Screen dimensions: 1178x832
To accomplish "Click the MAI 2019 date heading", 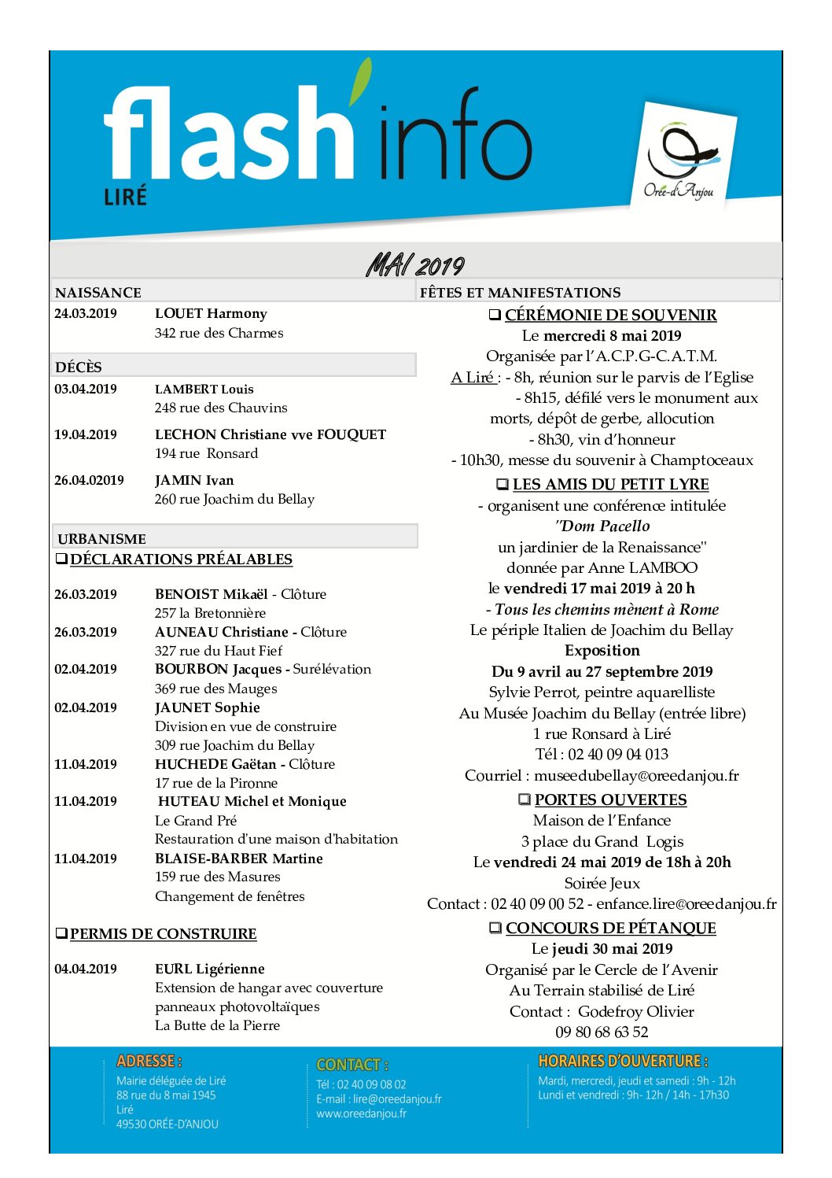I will pyautogui.click(x=415, y=265).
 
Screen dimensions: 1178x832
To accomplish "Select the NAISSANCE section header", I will pyautogui.click(x=98, y=293).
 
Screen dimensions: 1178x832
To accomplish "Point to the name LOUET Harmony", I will pyautogui.click(x=211, y=313).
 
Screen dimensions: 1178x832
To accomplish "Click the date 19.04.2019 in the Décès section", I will pyautogui.click(x=86, y=434).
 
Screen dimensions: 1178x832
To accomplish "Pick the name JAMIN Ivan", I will pyautogui.click(x=194, y=480).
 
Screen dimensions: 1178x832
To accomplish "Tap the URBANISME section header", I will pyautogui.click(x=101, y=539).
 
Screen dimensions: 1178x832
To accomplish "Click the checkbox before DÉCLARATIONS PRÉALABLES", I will pyautogui.click(x=61, y=559).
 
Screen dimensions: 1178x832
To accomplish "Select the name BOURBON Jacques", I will pyautogui.click(x=218, y=669).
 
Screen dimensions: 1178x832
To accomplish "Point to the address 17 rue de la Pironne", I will pyautogui.click(x=216, y=783).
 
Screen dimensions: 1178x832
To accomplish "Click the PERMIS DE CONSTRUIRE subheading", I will pyautogui.click(x=163, y=934).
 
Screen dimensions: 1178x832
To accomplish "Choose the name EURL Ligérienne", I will pyautogui.click(x=209, y=969).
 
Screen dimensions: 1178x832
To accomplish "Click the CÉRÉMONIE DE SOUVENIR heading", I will pyautogui.click(x=610, y=315).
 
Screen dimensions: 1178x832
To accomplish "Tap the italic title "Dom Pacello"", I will pyautogui.click(x=602, y=526).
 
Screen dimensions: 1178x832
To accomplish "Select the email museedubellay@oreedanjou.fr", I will pyautogui.click(x=636, y=775).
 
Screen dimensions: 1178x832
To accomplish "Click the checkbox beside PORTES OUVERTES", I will pyautogui.click(x=525, y=799).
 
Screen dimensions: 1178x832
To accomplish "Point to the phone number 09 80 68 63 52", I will pyautogui.click(x=602, y=1032).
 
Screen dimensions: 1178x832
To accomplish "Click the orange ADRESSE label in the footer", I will pyautogui.click(x=149, y=1061).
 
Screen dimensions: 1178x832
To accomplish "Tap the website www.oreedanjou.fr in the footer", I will pyautogui.click(x=362, y=1113).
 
